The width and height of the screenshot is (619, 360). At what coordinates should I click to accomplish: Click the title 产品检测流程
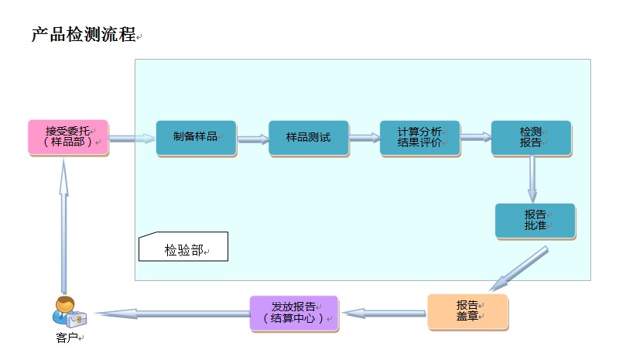(x=83, y=35)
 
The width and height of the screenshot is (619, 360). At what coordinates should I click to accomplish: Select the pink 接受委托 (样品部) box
(x=68, y=137)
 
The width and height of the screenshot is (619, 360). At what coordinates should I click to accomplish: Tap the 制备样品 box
(x=196, y=138)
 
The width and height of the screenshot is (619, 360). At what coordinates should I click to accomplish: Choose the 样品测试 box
(x=308, y=138)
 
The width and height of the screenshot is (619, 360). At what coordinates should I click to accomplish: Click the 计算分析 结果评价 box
(x=419, y=138)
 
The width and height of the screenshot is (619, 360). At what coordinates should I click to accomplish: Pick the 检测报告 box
(x=531, y=138)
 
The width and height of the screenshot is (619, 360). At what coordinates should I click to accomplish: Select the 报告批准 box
(x=535, y=221)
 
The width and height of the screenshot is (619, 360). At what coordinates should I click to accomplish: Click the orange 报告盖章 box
(x=467, y=311)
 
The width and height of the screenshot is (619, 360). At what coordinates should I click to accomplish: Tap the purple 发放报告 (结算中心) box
(x=293, y=313)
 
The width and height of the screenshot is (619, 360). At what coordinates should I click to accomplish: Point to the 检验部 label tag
(x=183, y=248)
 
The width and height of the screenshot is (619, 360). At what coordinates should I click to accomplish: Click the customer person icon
(x=67, y=311)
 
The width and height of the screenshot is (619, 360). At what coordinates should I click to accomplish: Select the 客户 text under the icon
(x=67, y=338)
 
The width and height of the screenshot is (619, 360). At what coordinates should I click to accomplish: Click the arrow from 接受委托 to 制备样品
(x=132, y=139)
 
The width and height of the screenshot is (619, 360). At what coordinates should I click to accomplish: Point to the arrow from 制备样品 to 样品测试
(x=252, y=139)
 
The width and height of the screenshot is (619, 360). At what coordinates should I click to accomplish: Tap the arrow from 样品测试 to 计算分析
(x=364, y=139)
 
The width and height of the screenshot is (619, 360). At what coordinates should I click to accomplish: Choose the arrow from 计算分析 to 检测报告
(x=476, y=137)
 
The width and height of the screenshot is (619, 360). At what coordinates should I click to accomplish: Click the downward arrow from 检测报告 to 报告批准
(x=532, y=180)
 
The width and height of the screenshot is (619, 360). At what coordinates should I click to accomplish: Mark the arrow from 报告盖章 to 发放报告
(x=384, y=313)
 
